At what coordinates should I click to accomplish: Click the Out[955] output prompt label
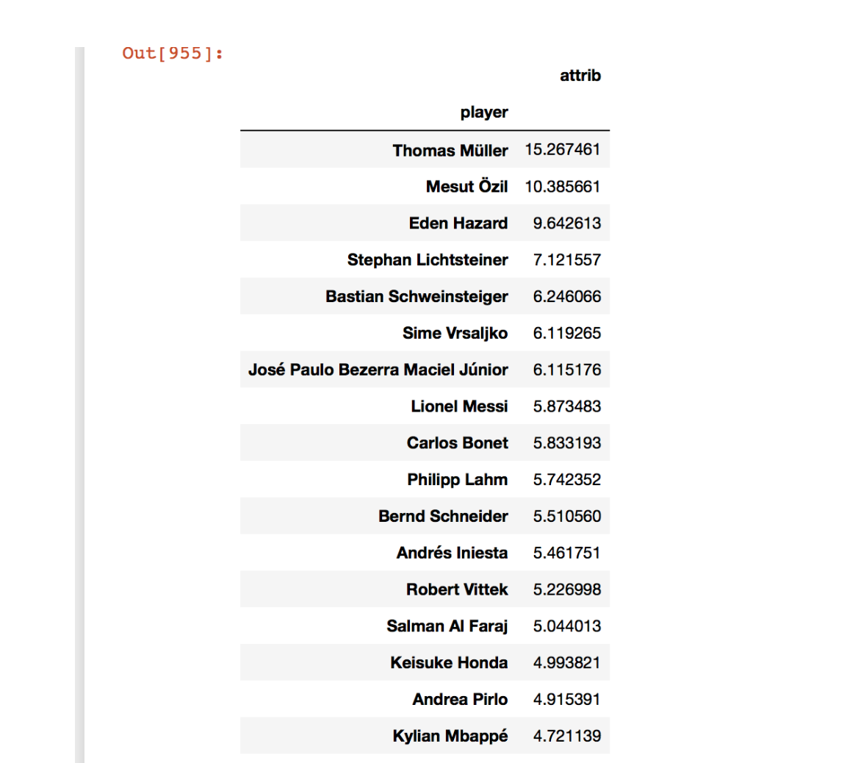tap(173, 54)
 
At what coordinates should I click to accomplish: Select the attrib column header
tap(580, 76)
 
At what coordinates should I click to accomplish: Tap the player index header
tap(484, 112)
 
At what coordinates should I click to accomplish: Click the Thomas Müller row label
tap(450, 151)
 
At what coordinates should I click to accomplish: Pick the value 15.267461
tap(562, 150)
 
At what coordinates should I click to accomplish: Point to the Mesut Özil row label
tap(466, 187)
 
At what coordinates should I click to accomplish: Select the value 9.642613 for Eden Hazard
tap(566, 223)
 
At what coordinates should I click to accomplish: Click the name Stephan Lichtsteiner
tap(428, 260)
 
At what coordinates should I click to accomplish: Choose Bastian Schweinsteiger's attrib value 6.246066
tap(566, 297)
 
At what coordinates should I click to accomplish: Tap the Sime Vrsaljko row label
tap(455, 334)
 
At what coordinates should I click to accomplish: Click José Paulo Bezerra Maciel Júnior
tap(378, 370)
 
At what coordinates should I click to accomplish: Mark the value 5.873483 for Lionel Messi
tap(566, 406)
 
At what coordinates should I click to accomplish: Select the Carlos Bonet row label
tap(457, 443)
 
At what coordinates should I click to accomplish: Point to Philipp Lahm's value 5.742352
tap(566, 480)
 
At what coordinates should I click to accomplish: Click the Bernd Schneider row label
tap(443, 517)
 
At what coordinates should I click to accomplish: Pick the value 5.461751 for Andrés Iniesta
tap(566, 553)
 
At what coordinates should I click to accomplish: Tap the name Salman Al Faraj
tap(447, 626)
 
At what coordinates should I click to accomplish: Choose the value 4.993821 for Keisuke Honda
tap(566, 663)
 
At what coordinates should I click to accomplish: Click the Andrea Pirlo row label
tap(460, 700)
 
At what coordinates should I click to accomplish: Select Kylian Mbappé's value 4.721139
tap(566, 736)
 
